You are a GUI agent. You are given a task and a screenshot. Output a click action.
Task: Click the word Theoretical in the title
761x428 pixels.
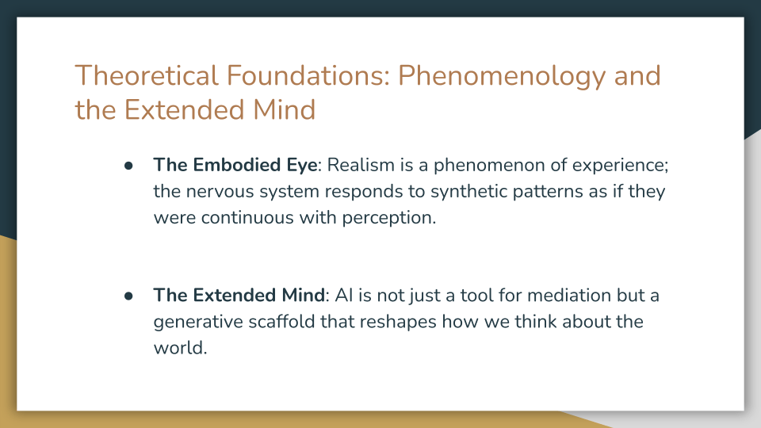146,76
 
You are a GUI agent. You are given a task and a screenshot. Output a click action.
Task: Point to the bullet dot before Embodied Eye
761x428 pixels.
128,166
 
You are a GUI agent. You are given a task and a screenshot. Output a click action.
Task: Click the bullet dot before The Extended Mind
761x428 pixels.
128,296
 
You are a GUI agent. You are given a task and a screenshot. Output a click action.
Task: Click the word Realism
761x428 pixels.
361,165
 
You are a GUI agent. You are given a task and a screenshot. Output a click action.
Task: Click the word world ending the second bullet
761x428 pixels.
179,349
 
